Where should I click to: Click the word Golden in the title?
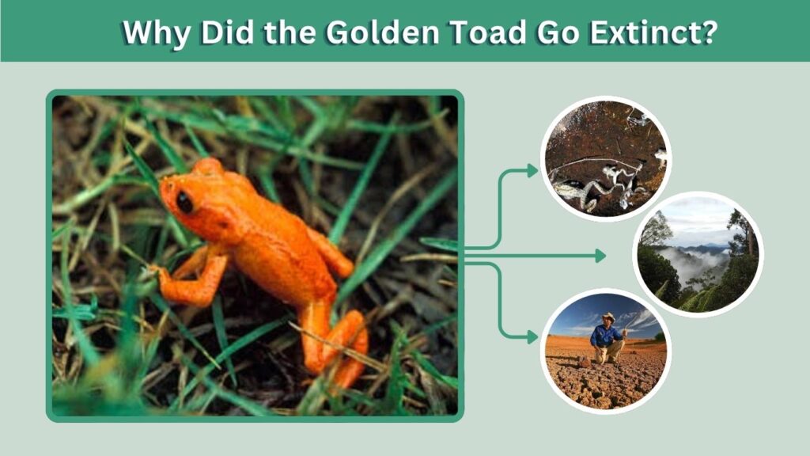[x=382, y=32]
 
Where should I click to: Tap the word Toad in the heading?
[x=489, y=32]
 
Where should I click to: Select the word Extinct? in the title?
[x=653, y=32]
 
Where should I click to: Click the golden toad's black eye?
[x=184, y=202]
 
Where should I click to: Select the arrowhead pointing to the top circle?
[x=532, y=171]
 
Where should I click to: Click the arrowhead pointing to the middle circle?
[x=600, y=256]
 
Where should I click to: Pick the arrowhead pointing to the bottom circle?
[x=532, y=337]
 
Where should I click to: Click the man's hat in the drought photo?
[x=608, y=317]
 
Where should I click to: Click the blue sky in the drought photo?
[x=584, y=310]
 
